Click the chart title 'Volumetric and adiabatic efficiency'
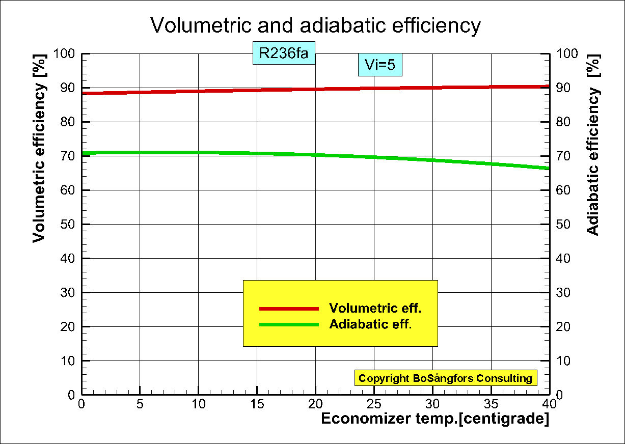(x=315, y=25)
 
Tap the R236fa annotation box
(x=284, y=53)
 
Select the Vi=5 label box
(x=380, y=65)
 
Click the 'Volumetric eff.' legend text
(x=375, y=308)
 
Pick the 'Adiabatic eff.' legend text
(x=370, y=324)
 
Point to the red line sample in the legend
(x=289, y=309)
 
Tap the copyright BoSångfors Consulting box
(x=445, y=378)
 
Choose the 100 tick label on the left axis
(x=64, y=54)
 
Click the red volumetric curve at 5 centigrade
(x=140, y=92)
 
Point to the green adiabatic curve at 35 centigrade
(x=491, y=163)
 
